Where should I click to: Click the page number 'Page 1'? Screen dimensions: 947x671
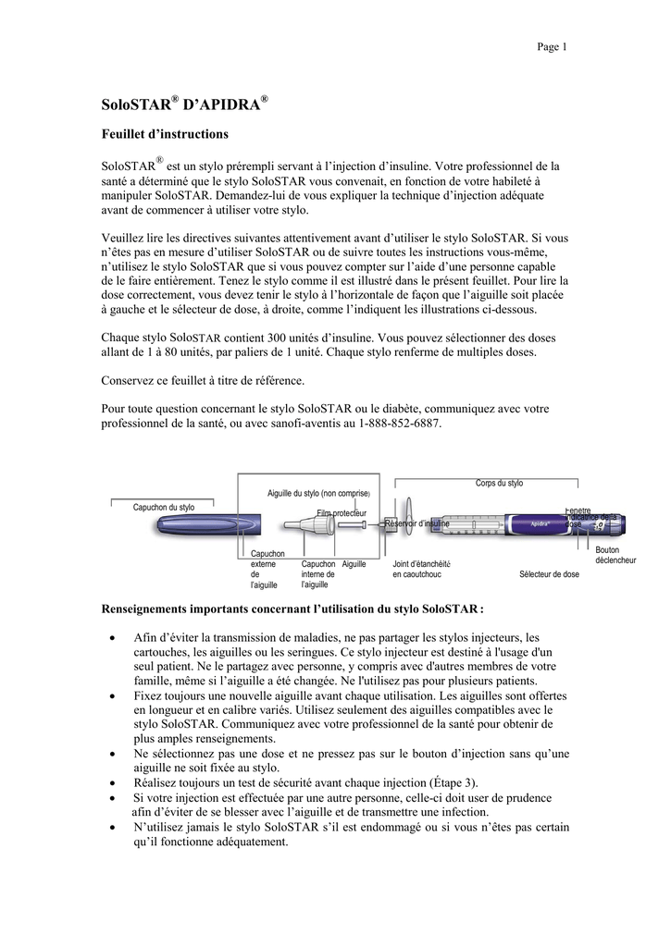click(552, 47)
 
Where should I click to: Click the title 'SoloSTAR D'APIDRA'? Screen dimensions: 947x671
click(184, 102)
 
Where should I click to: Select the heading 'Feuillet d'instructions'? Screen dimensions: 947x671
click(164, 134)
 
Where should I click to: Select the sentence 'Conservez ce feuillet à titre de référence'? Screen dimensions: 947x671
click(201, 381)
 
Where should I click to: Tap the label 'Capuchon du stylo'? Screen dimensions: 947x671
click(164, 507)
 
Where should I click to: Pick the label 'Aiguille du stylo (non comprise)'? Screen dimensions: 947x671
click(318, 493)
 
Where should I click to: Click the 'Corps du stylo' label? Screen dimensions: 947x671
click(499, 484)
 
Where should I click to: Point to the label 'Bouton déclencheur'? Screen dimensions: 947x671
click(615, 555)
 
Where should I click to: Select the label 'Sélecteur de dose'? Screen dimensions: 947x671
click(549, 574)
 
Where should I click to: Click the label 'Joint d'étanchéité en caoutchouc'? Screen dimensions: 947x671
click(421, 569)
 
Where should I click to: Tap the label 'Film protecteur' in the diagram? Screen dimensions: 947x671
click(342, 512)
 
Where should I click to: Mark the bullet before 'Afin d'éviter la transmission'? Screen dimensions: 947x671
click(112, 638)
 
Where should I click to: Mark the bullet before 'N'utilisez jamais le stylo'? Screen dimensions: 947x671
click(112, 827)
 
